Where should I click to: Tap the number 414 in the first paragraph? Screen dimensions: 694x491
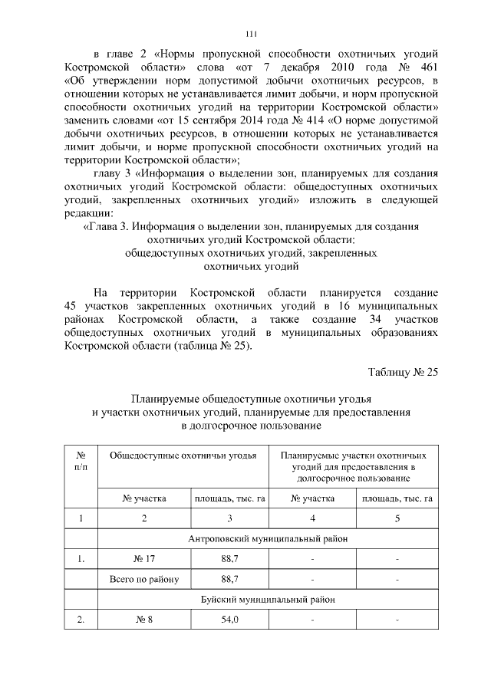[x=326, y=120]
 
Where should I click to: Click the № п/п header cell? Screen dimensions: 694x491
[x=81, y=461]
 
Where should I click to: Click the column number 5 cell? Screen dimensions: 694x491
[x=397, y=519]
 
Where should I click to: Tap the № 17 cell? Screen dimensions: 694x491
[x=144, y=559]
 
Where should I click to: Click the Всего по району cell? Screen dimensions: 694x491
[x=144, y=578]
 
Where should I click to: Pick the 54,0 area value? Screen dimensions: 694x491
[x=230, y=618]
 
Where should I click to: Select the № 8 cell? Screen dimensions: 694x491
[x=144, y=618]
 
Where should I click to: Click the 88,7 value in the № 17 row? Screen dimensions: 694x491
[x=230, y=559]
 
